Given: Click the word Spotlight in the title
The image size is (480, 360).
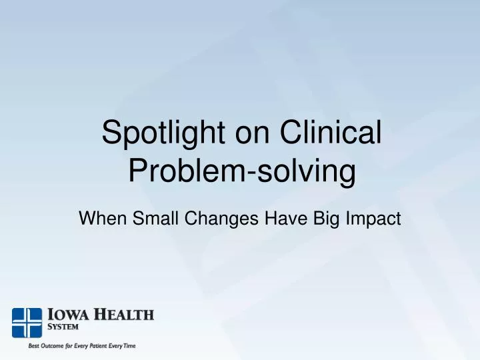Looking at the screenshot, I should tap(159, 133).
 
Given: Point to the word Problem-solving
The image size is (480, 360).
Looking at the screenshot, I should tap(241, 171).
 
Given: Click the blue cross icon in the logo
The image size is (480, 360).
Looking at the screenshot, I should tap(27, 323).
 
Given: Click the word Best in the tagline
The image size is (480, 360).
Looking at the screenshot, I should tap(32, 346).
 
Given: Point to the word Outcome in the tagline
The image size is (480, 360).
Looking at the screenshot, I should tap(54, 346).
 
